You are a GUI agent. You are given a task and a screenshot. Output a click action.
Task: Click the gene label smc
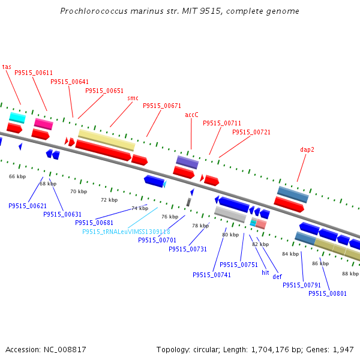pyautogui.click(x=133, y=98)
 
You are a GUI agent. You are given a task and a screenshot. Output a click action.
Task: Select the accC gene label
pyautogui.click(x=191, y=115)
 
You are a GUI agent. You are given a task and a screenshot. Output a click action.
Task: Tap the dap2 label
pyautogui.click(x=307, y=149)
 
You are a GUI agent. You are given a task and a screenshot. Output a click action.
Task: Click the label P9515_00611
pyautogui.click(x=33, y=73)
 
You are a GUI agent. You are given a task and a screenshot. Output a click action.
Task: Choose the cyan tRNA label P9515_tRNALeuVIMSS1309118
pyautogui.click(x=126, y=232)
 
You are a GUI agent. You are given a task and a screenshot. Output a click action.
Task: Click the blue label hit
pyautogui.click(x=265, y=272)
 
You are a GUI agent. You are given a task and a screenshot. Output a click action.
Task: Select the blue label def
pyautogui.click(x=277, y=277)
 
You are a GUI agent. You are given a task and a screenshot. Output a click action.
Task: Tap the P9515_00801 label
pyautogui.click(x=327, y=293)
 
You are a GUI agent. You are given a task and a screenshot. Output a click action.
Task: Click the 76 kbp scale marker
pyautogui.click(x=170, y=217)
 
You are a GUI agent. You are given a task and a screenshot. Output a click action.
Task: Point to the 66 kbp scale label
pyautogui.click(x=17, y=176)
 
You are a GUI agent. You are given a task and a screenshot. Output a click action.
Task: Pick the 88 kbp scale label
pyautogui.click(x=350, y=274)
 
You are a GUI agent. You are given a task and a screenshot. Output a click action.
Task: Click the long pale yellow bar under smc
pyautogui.click(x=107, y=140)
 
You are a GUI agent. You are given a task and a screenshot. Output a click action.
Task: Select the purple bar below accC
pyautogui.click(x=187, y=161)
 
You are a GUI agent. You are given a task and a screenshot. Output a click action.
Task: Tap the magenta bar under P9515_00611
pyautogui.click(x=43, y=124)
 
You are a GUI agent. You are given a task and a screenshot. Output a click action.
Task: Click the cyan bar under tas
pyautogui.click(x=17, y=117)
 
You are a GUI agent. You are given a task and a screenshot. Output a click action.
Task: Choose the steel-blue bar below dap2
pyautogui.click(x=293, y=194)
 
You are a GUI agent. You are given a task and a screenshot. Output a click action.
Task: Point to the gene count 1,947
pyautogui.click(x=343, y=349)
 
